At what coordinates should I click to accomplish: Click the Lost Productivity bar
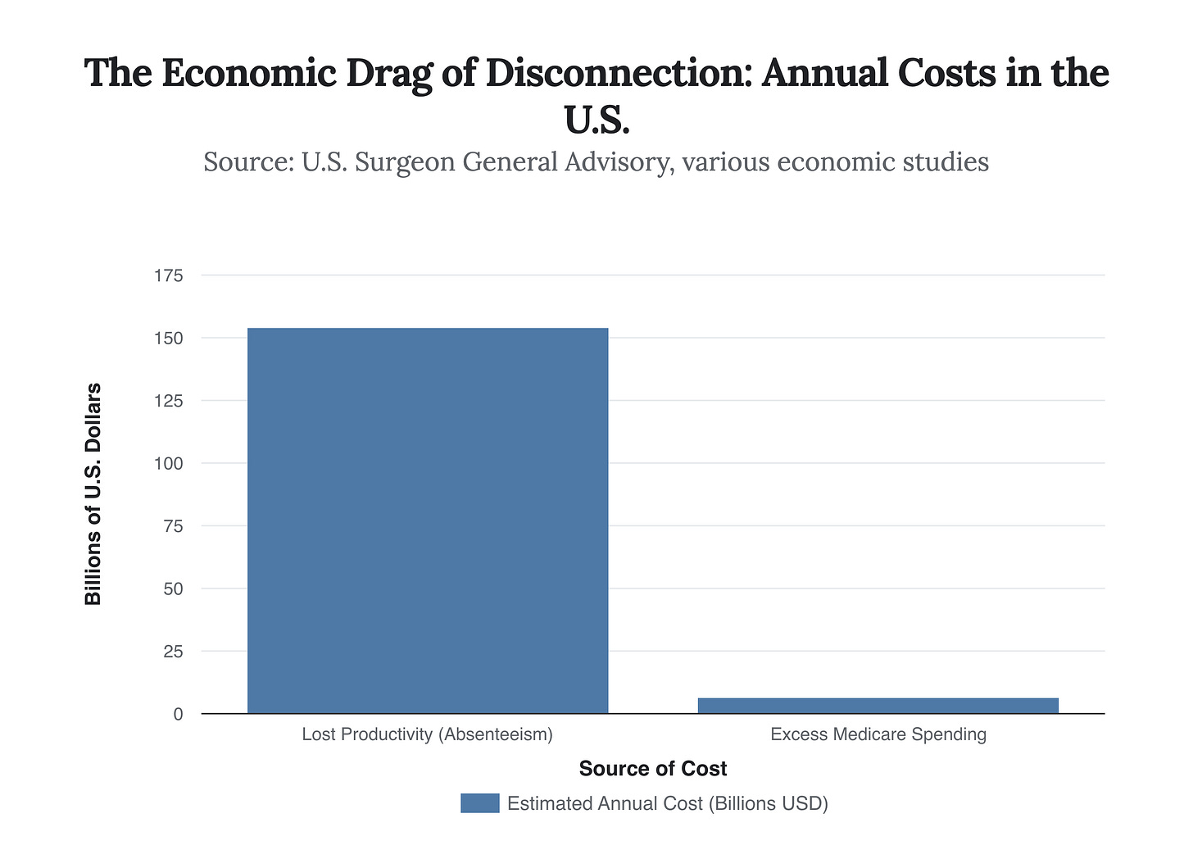(x=428, y=520)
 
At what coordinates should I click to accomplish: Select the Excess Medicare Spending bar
(x=878, y=706)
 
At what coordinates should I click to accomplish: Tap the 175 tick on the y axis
(x=168, y=275)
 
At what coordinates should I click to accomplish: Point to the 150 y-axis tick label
(x=168, y=339)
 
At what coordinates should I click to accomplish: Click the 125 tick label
(x=168, y=401)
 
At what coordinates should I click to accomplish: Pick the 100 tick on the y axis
(x=168, y=464)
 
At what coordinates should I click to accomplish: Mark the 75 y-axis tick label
(x=172, y=526)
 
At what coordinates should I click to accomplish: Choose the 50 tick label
(x=172, y=589)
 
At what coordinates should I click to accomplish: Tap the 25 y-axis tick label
(x=172, y=652)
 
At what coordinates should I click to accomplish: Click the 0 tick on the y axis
(x=178, y=715)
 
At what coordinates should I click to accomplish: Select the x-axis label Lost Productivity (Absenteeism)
(x=428, y=734)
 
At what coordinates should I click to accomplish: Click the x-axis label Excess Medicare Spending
(x=878, y=734)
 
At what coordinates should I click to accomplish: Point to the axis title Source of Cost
(x=653, y=769)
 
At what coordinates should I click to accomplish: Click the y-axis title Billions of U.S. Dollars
(x=93, y=494)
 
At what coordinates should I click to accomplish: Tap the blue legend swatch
(x=479, y=803)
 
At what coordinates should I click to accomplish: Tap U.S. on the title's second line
(x=596, y=120)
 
